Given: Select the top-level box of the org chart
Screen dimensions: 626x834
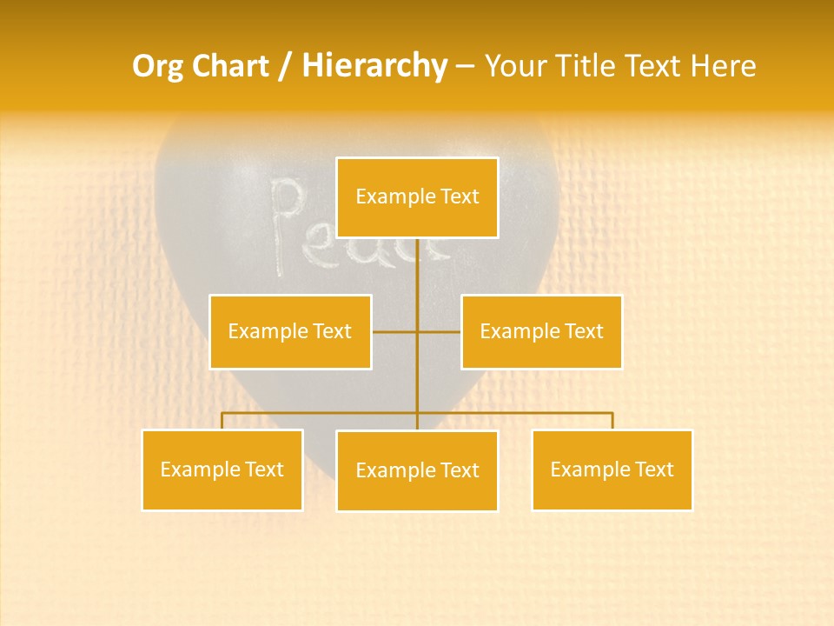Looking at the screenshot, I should pos(417,197).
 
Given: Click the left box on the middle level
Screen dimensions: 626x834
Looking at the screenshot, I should pos(290,331).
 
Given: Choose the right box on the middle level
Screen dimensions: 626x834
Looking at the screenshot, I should pos(541,331).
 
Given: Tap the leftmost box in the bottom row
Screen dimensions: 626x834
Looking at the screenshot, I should pos(222,469).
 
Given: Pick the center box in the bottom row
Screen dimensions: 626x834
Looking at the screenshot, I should pos(417,470).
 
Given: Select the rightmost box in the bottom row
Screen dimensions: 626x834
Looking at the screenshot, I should pos(612,469).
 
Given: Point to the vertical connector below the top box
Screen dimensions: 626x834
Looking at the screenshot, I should pos(417,278).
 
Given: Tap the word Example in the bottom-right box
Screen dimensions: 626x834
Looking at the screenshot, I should pos(582,469).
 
